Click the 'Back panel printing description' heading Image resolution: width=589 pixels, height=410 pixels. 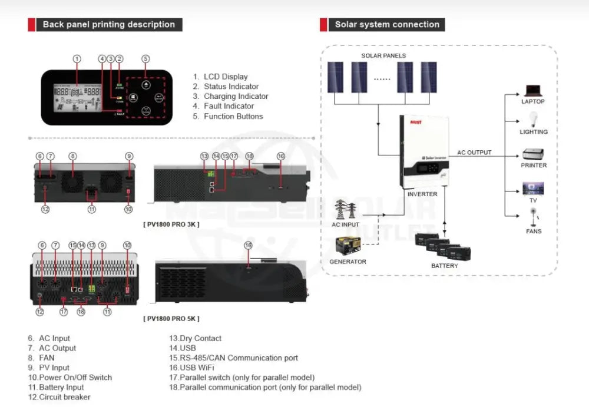coord(109,25)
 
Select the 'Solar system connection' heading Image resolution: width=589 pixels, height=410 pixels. coord(387,25)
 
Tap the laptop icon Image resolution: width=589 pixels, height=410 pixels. coord(532,91)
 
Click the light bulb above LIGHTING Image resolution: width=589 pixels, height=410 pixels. coord(533,118)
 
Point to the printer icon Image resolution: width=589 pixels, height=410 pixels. coord(533,154)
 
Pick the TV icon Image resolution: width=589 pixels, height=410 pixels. coord(533,189)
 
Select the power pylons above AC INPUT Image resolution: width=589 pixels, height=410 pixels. coord(346,209)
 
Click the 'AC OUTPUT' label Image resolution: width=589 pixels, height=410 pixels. coord(474,153)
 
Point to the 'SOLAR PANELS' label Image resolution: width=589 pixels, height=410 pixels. coord(383,56)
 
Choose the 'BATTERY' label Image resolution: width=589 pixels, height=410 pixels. coord(444,266)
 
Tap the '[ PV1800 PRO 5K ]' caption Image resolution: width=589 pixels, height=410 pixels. coord(171,319)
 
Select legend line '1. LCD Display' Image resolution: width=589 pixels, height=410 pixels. coord(220,77)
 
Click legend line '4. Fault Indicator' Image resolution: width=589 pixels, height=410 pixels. coord(223,106)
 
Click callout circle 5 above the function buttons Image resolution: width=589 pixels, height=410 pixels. coord(145,59)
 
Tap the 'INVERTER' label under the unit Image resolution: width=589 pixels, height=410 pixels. coord(422,194)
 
